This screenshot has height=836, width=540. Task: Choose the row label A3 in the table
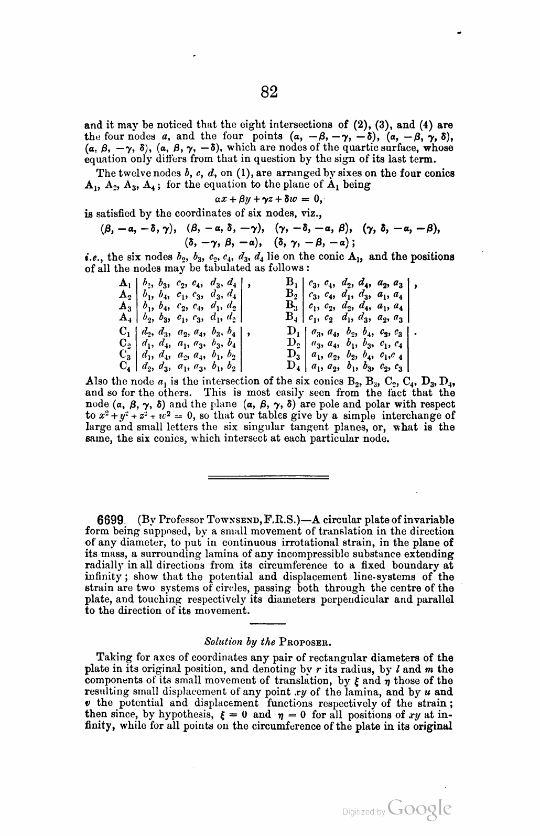pos(125,306)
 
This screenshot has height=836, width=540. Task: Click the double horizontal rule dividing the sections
pos(269,477)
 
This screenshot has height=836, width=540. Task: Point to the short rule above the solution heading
pos(268,624)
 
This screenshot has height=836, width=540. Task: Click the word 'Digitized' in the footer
pos(357,812)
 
